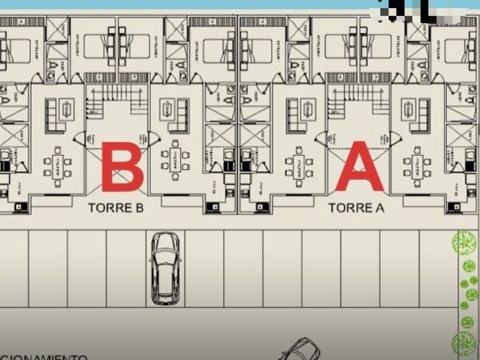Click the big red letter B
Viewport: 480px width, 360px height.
coord(122,166)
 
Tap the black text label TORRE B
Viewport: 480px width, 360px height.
coord(115,208)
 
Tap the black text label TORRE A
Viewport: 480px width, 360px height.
coord(357,208)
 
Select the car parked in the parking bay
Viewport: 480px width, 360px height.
coord(165,268)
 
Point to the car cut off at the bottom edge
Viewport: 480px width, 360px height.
coord(300,349)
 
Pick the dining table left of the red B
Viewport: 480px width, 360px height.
coord(58,164)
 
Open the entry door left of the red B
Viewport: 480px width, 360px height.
coord(79,138)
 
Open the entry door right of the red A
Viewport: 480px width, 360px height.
coord(394,138)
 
